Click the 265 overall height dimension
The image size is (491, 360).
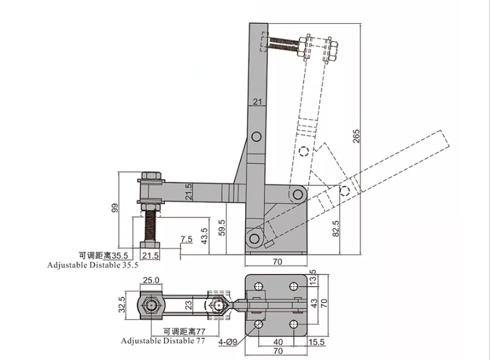point(356,136)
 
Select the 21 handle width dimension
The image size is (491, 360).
point(257,101)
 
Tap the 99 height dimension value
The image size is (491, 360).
point(115,208)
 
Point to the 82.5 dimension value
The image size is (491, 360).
point(335,229)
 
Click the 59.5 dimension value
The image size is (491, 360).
point(222,228)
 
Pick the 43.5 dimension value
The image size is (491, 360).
point(204,236)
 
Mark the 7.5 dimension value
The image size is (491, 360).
point(186,239)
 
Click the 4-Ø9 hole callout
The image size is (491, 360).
point(228,342)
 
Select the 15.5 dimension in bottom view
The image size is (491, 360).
point(316,342)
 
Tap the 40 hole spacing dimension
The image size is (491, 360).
point(278,342)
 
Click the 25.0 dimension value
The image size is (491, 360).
point(151,280)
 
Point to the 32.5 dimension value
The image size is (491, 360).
point(122,304)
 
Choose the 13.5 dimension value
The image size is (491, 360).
point(312,277)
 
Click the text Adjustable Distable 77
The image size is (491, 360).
point(163,341)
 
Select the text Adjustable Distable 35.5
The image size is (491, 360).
point(93,265)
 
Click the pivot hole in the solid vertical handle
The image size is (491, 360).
point(256,137)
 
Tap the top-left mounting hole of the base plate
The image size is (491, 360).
point(259,286)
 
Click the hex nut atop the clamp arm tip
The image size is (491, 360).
point(151,175)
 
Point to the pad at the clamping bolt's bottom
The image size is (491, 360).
point(150,245)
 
